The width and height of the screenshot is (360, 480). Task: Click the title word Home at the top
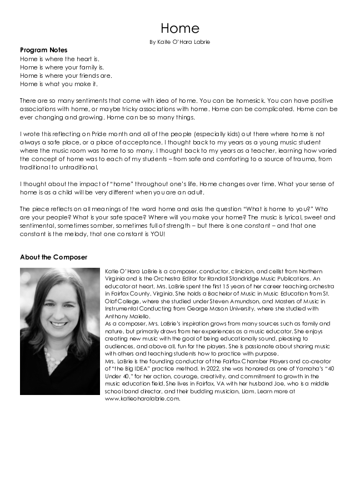pyautogui.click(x=179, y=28)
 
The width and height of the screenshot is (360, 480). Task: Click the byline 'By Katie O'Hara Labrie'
pyautogui.click(x=179, y=42)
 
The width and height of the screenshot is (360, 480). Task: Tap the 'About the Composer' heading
pyautogui.click(x=53, y=257)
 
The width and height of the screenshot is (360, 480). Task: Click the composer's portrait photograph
pyautogui.click(x=60, y=331)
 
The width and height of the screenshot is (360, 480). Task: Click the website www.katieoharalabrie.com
pyautogui.click(x=143, y=398)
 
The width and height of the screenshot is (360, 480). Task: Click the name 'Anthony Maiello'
pyautogui.click(x=122, y=316)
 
